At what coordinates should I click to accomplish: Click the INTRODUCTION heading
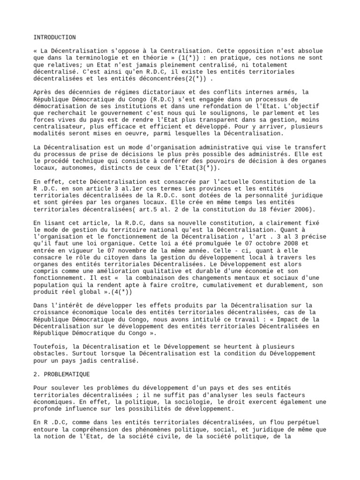click(54, 37)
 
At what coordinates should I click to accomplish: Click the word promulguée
click(210, 244)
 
